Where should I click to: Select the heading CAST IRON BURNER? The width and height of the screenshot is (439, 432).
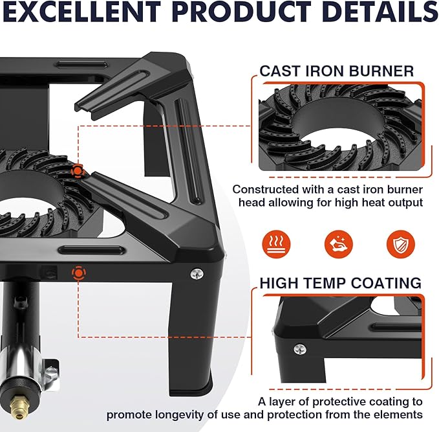(x=337, y=71)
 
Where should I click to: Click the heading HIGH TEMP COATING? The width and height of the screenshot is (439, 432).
(x=341, y=283)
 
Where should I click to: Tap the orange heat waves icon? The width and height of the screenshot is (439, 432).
(x=276, y=244)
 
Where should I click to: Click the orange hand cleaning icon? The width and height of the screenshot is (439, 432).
(x=339, y=244)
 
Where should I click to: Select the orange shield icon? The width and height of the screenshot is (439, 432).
(x=401, y=244)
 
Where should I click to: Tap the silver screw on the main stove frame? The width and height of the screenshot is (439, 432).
(x=197, y=274)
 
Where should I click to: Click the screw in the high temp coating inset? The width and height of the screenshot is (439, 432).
(x=300, y=350)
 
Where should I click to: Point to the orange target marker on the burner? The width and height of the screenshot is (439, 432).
(x=78, y=170)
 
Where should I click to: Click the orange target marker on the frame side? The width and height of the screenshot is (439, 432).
(x=79, y=273)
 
